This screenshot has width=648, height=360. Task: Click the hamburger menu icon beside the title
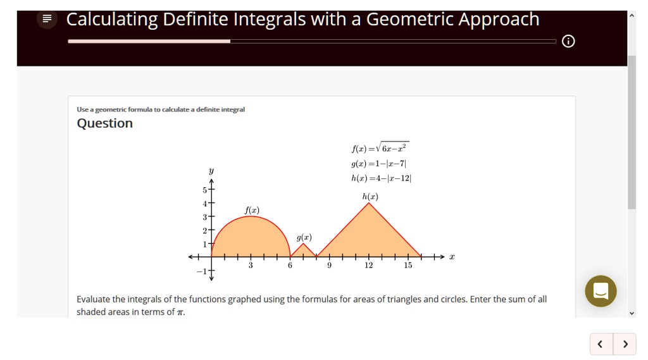click(x=46, y=20)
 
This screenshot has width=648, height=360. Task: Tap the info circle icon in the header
click(x=568, y=42)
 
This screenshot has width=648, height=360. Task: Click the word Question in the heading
click(x=104, y=123)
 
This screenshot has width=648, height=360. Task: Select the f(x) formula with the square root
click(x=380, y=149)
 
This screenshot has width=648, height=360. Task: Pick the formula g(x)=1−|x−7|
click(x=378, y=164)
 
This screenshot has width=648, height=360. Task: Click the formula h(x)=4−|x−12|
click(x=381, y=178)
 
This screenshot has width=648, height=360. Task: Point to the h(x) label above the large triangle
click(x=370, y=197)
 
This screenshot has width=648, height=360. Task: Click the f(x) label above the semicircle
click(x=251, y=210)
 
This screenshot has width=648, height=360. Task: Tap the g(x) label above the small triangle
click(x=304, y=237)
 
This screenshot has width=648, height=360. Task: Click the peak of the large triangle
click(x=369, y=203)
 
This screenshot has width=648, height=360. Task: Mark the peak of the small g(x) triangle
click(x=304, y=244)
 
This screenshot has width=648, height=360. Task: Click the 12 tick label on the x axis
click(x=369, y=266)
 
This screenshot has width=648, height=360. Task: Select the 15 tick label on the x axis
click(x=408, y=266)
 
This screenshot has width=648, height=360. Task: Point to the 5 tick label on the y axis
click(x=204, y=190)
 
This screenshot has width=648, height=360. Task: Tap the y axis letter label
click(x=211, y=171)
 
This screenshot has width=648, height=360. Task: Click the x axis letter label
click(x=452, y=257)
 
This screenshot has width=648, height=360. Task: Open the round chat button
click(x=601, y=291)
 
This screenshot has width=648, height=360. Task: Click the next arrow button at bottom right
click(x=625, y=344)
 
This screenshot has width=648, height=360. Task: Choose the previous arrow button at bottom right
click(x=601, y=344)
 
